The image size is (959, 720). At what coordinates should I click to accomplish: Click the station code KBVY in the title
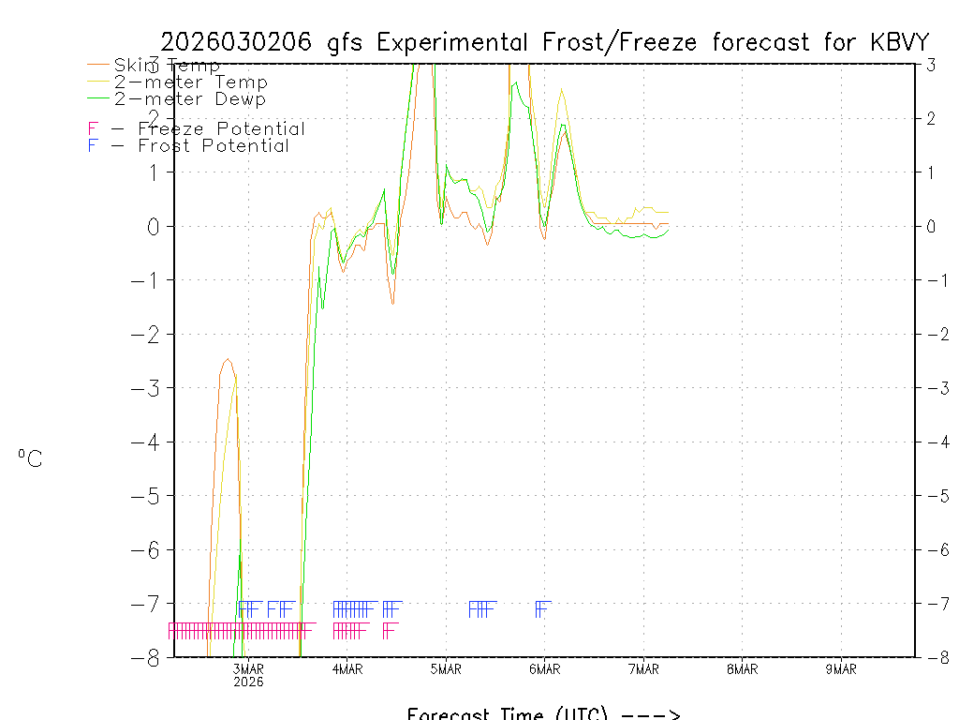(x=896, y=42)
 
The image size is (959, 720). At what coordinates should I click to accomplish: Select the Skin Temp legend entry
(x=167, y=66)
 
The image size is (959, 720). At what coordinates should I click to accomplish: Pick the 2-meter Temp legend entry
(x=190, y=82)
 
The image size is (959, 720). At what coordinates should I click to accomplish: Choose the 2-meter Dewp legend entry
(x=189, y=98)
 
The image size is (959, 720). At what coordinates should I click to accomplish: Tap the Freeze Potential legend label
(x=221, y=128)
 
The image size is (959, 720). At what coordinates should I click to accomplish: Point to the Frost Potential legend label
(x=214, y=145)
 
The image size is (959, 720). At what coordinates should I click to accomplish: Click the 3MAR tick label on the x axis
(x=248, y=668)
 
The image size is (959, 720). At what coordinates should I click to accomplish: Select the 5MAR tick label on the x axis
(x=446, y=668)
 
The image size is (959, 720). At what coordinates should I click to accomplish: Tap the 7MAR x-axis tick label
(x=643, y=668)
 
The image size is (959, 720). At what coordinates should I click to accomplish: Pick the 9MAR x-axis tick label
(x=841, y=668)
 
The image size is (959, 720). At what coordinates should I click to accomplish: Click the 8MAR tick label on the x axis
(x=742, y=668)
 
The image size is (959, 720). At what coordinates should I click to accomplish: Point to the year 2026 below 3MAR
(x=248, y=682)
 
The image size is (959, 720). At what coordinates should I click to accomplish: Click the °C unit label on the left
(x=30, y=458)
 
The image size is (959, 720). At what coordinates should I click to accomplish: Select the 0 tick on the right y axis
(x=932, y=226)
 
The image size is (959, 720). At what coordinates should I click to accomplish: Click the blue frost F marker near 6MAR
(x=541, y=608)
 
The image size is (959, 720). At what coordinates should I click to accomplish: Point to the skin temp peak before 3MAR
(x=227, y=359)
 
